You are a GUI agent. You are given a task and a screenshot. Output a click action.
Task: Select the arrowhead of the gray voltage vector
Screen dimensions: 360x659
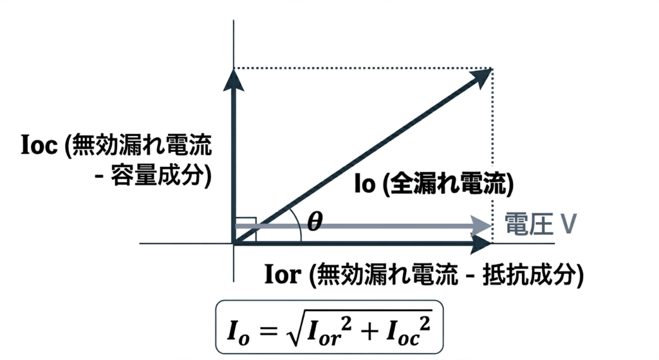point(479,225)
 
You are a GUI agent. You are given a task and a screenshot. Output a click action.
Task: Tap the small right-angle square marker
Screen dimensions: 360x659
point(246,231)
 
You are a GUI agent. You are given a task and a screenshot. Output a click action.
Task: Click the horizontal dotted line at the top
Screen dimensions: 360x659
point(360,68)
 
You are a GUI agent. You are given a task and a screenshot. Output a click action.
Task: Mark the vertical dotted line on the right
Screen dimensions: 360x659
point(492,161)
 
